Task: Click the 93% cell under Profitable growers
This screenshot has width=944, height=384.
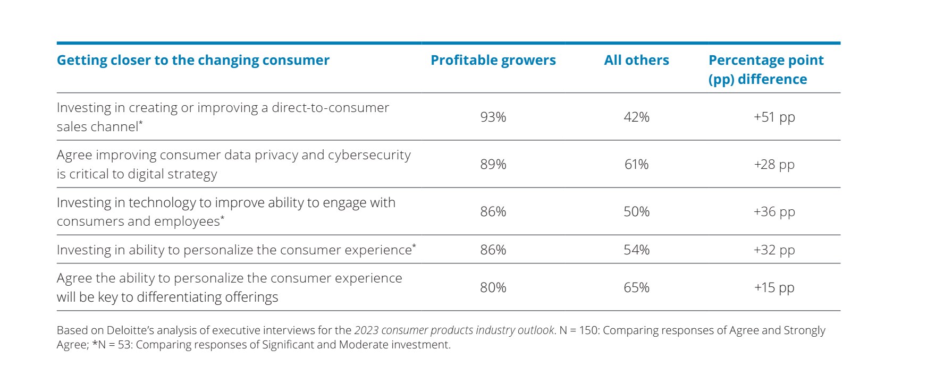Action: pos(493,117)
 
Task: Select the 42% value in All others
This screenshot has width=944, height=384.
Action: pos(636,117)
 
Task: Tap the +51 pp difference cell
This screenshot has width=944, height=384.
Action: pos(774,117)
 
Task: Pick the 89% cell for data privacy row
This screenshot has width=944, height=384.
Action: pos(493,164)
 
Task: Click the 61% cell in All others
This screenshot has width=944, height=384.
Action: pos(636,164)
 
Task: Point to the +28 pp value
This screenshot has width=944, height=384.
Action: pos(774,164)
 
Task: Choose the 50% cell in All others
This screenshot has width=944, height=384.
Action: pos(636,211)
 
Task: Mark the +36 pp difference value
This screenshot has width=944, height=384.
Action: pos(774,211)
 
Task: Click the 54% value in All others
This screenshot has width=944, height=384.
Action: pos(636,250)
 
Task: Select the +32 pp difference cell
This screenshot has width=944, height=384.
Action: pos(774,250)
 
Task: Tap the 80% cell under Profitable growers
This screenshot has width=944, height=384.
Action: pos(493,287)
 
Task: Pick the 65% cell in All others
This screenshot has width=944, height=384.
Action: pos(636,287)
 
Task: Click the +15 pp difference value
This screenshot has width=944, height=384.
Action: pos(774,287)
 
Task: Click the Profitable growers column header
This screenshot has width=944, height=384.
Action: pos(493,60)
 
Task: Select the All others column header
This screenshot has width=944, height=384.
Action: pos(636,60)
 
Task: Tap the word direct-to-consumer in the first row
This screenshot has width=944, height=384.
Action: pos(330,108)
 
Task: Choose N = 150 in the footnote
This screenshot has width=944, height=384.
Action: pos(578,330)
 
